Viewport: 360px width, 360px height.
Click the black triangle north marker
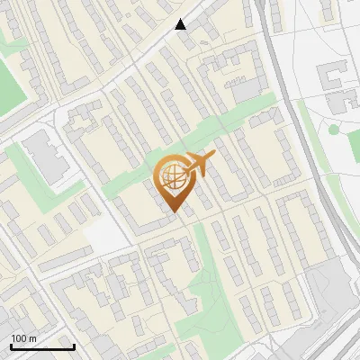(181, 24)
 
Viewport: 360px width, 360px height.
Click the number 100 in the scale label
(19, 337)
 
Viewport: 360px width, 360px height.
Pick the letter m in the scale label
(32, 337)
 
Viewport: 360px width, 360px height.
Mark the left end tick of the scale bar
(11, 346)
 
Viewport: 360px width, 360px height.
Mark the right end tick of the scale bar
(74, 346)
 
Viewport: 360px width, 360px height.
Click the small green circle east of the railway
(333, 130)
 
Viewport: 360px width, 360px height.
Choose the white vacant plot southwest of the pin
(108, 236)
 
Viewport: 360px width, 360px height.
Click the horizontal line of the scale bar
(42, 347)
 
